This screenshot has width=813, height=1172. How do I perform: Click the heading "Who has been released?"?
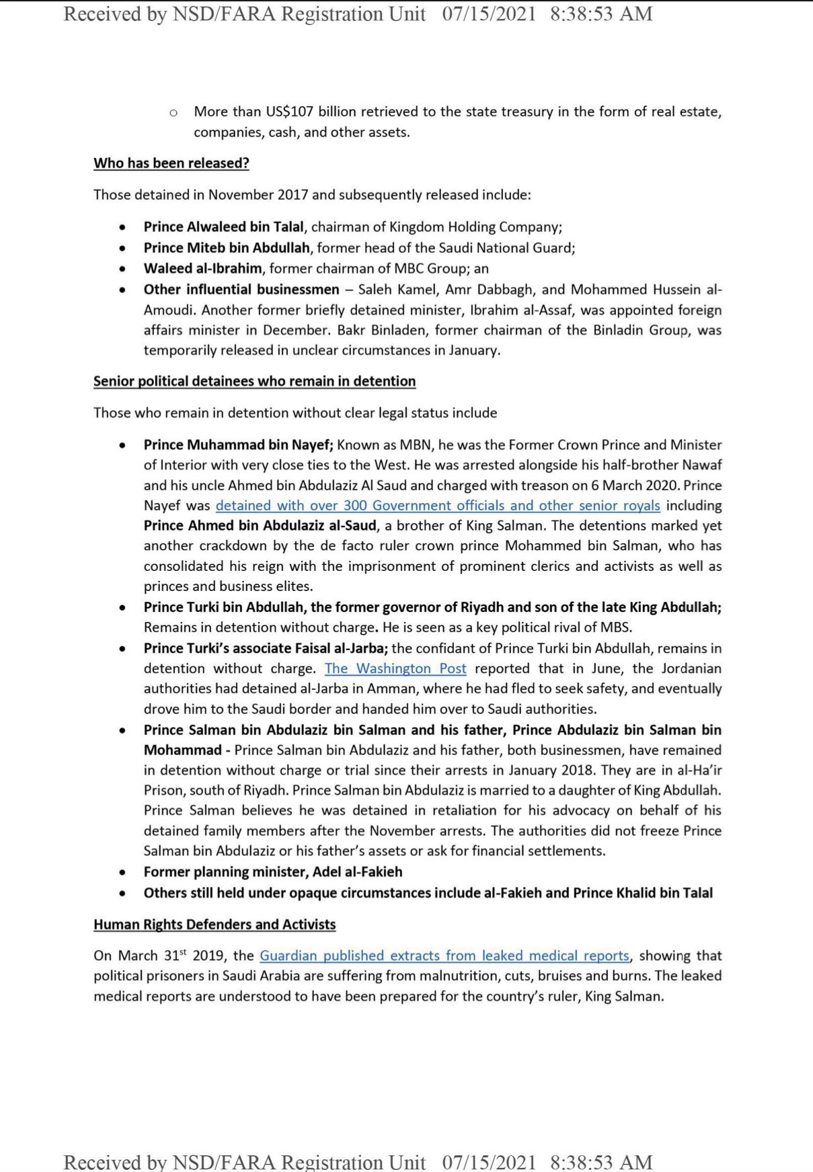tap(171, 163)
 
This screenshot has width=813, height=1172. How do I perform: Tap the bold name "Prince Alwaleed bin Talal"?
tap(224, 227)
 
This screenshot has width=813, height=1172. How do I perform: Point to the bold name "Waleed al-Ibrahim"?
tap(203, 269)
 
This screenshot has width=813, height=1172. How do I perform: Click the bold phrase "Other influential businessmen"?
tap(241, 290)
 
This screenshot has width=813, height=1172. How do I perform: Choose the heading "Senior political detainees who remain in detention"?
tap(254, 381)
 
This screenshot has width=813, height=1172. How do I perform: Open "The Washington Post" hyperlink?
tap(395, 668)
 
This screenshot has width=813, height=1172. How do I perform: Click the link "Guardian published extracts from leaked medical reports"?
tap(444, 955)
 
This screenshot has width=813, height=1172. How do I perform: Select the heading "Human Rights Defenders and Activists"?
tap(215, 925)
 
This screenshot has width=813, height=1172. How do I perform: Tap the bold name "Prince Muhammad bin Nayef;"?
tap(239, 445)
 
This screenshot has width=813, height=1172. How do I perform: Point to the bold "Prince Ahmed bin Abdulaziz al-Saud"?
tap(260, 526)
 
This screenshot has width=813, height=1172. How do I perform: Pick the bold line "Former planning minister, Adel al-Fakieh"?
tap(273, 872)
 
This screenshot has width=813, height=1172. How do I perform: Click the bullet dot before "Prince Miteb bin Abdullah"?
tap(122, 248)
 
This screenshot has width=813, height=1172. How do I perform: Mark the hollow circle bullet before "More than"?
tap(173, 112)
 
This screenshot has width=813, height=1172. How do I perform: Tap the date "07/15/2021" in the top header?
tap(489, 14)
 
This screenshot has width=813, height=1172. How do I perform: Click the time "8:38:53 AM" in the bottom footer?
tap(601, 1161)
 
